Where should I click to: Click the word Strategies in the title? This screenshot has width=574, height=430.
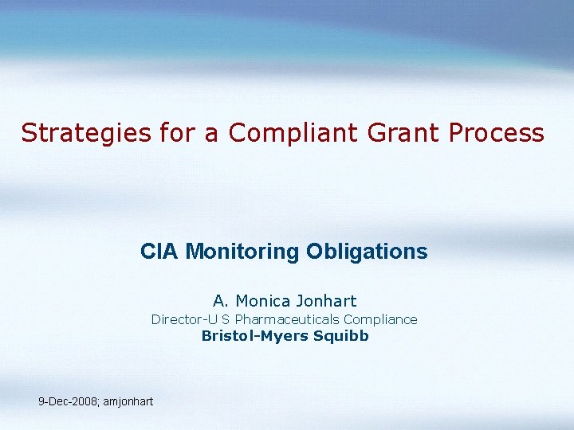[85, 133]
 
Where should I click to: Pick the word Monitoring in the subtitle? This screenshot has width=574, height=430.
[243, 252]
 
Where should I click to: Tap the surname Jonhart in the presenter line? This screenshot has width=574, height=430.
[326, 301]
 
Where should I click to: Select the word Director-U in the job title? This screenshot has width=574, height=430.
[182, 319]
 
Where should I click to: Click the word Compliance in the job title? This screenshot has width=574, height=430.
[380, 319]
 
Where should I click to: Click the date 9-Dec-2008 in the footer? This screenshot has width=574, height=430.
[67, 401]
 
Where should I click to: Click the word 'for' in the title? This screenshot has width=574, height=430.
[178, 133]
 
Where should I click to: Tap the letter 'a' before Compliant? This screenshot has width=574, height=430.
[212, 133]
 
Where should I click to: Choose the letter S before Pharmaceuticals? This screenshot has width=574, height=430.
[226, 319]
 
